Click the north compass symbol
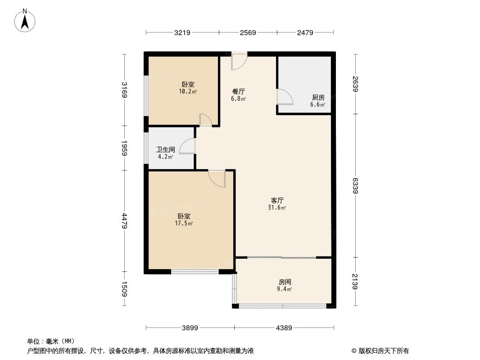point(26,20)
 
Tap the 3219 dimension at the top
point(182,32)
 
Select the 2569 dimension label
point(248,32)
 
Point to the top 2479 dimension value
point(305,32)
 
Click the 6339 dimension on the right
point(356,185)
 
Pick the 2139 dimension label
point(356,282)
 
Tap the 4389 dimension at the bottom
point(284,328)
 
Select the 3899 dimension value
point(190,328)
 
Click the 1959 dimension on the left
point(124,148)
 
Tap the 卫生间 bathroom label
point(165,150)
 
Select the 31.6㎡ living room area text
point(277,208)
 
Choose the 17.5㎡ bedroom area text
point(184,223)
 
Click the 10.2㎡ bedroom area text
point(188,91)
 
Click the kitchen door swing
point(284,97)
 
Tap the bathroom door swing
point(187,146)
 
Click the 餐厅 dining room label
point(238,91)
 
